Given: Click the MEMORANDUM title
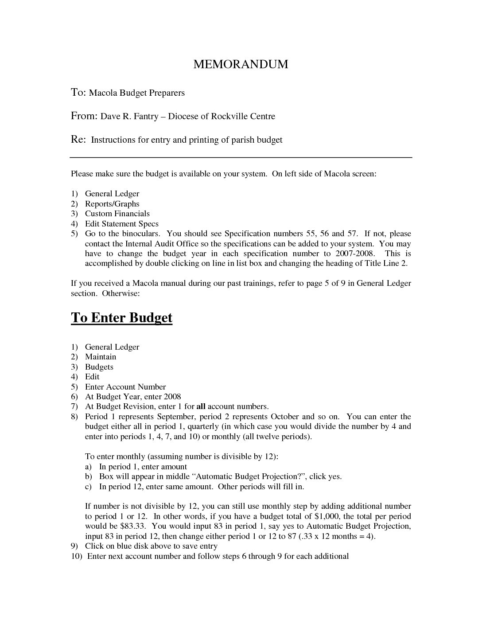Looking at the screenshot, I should click(241, 65).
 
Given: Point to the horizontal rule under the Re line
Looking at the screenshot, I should click(241, 158).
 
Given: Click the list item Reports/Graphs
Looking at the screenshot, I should click(112, 204).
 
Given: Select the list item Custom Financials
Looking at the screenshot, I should click(117, 214).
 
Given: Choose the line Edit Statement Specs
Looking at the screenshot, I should click(121, 224).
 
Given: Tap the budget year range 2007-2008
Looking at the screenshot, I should click(354, 253).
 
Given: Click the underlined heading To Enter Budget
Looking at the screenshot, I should click(121, 318).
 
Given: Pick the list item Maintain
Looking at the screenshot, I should click(101, 357).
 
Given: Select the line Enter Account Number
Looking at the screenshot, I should click(125, 387).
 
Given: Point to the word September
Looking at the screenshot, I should click(176, 417).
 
